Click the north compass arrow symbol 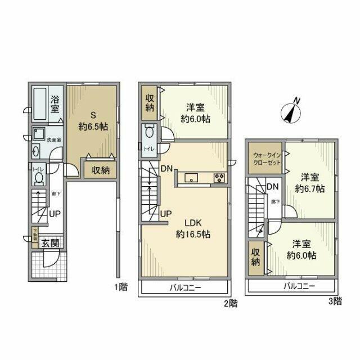tap(292, 111)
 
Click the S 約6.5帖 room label tap(92, 120)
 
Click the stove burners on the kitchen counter tap(218, 178)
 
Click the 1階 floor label tap(121, 287)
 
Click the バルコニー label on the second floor tap(184, 287)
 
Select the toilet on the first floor tap(38, 178)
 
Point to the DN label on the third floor tap(272, 187)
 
